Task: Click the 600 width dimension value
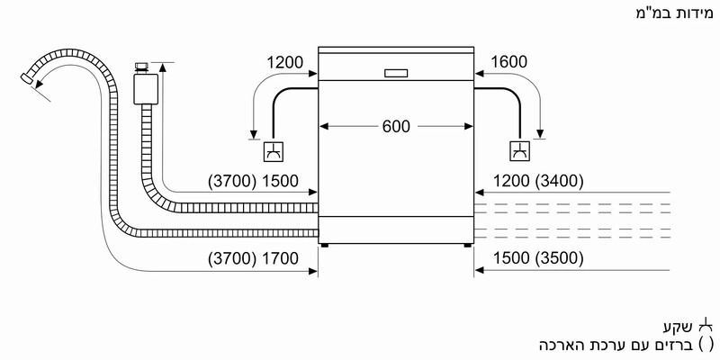point(396,126)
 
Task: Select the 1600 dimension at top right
point(508,62)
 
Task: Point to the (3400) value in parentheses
point(559,182)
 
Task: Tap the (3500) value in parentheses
point(559,258)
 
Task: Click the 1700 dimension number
point(280,258)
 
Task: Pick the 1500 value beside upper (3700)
point(280,182)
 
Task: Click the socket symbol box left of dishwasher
point(274,152)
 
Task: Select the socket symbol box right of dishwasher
point(520,151)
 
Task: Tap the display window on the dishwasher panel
point(395,73)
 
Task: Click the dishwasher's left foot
point(325,246)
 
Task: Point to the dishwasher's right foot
point(467,246)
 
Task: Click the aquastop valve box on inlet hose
point(146,88)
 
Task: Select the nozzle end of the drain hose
point(27,78)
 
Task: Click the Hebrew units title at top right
point(674,13)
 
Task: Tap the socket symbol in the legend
point(706,327)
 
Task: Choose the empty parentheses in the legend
point(706,344)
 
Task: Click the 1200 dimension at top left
point(285,62)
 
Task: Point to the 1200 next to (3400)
point(512,182)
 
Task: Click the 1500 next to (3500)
point(512,258)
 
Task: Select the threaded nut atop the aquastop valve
point(142,67)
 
